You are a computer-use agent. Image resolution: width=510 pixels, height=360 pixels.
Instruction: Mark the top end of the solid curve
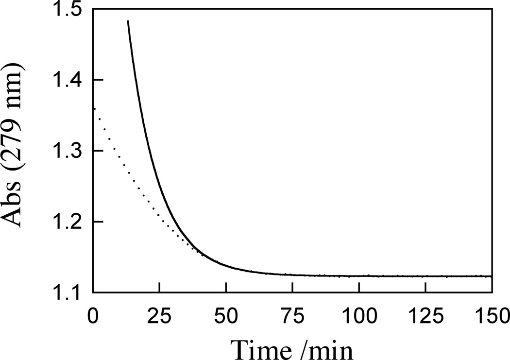tap(128, 21)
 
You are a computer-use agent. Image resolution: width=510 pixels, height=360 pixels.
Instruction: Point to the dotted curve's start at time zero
tap(93, 108)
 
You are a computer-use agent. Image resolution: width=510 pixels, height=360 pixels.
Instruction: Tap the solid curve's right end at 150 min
tap(492, 276)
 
